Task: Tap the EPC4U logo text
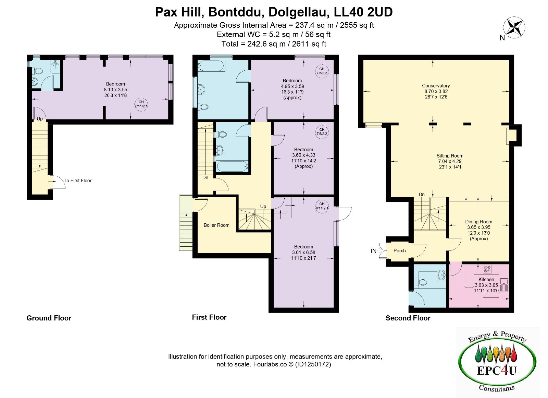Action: point(497,370)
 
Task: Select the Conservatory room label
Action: point(436,86)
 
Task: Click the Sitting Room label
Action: point(450,156)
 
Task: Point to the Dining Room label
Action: point(478,222)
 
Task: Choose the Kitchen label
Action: point(486,279)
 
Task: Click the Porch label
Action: point(399,250)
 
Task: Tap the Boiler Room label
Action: point(216,225)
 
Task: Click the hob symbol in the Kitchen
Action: point(487,269)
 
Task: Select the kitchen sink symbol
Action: point(504,285)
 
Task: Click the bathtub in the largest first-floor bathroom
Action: point(211,66)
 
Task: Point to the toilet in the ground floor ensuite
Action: point(38,71)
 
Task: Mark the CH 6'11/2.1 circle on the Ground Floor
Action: point(141,104)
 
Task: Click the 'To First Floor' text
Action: point(77,180)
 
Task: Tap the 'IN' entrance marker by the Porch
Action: point(373,251)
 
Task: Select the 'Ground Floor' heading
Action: point(49,318)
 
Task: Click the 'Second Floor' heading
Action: point(408,318)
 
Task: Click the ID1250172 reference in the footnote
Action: point(313,364)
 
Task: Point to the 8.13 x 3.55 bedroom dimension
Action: point(115,90)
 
